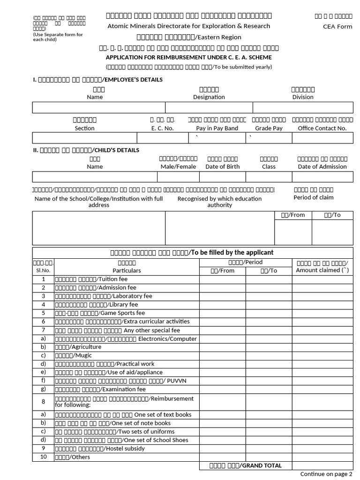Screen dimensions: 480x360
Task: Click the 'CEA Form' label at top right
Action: (x=337, y=26)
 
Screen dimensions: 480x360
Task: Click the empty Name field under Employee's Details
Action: (x=98, y=108)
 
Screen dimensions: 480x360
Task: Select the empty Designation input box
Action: (x=209, y=108)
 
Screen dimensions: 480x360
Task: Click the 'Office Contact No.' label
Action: (x=322, y=128)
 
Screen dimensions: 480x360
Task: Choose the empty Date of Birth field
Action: (x=222, y=177)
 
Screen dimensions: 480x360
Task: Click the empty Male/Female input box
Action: (x=178, y=177)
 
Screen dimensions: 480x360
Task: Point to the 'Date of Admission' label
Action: (x=322, y=166)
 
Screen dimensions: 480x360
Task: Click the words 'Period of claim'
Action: (x=313, y=197)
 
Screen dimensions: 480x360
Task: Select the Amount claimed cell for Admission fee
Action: (x=322, y=288)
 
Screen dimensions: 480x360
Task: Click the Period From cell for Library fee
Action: (x=222, y=305)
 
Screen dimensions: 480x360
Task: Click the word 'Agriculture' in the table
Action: (x=85, y=347)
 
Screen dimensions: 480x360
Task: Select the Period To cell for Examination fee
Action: (x=269, y=389)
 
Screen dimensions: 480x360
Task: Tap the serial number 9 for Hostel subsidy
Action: (x=43, y=448)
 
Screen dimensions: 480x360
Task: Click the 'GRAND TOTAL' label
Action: (x=261, y=465)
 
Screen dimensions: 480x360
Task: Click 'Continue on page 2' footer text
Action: (x=326, y=474)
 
